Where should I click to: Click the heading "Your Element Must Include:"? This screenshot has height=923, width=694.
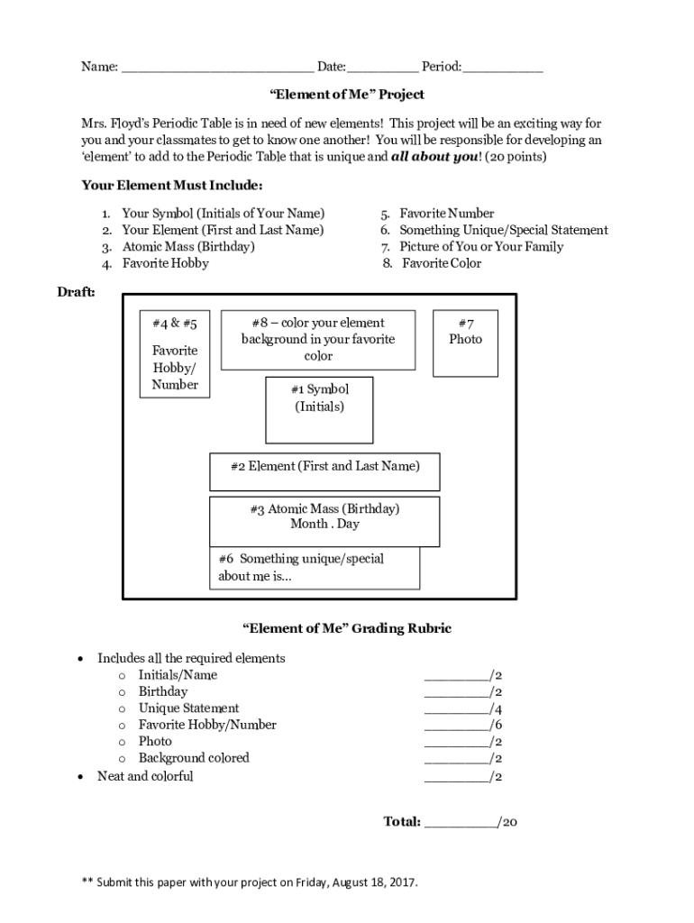click(x=172, y=186)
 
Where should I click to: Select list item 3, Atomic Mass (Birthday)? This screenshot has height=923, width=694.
click(x=188, y=247)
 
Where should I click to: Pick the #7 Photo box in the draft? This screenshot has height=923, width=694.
click(x=465, y=343)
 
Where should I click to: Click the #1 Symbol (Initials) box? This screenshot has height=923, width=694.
click(x=319, y=409)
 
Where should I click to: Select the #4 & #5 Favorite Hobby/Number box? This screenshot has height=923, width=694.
click(x=175, y=352)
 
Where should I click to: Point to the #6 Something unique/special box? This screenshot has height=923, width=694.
click(x=315, y=568)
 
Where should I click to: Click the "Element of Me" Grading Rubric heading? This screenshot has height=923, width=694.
click(x=347, y=628)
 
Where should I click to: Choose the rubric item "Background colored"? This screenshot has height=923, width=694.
click(x=193, y=759)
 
